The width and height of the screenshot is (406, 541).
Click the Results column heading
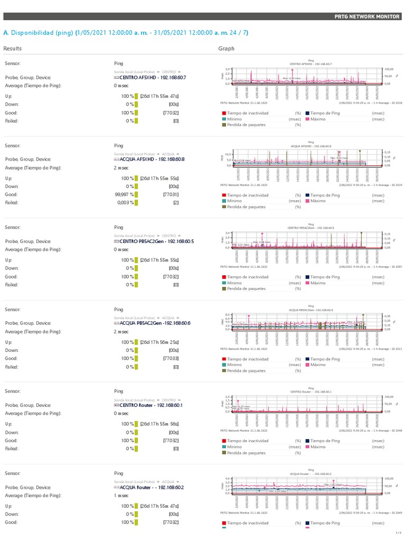click(13, 49)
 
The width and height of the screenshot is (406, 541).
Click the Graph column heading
click(226, 49)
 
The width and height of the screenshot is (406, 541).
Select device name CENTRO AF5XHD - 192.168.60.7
click(153, 77)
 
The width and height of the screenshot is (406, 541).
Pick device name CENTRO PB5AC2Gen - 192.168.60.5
click(153, 241)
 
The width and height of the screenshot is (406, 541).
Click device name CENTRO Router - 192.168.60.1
click(151, 405)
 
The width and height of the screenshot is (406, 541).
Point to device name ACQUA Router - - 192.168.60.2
click(152, 487)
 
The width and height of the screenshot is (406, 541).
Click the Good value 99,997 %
click(124, 194)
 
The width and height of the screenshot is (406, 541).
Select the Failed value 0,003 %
click(125, 202)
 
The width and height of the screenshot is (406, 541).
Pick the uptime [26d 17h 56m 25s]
click(159, 342)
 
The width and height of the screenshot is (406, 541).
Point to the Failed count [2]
click(176, 202)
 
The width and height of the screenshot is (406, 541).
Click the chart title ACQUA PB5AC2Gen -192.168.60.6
click(311, 310)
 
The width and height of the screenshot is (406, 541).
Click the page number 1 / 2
click(398, 533)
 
